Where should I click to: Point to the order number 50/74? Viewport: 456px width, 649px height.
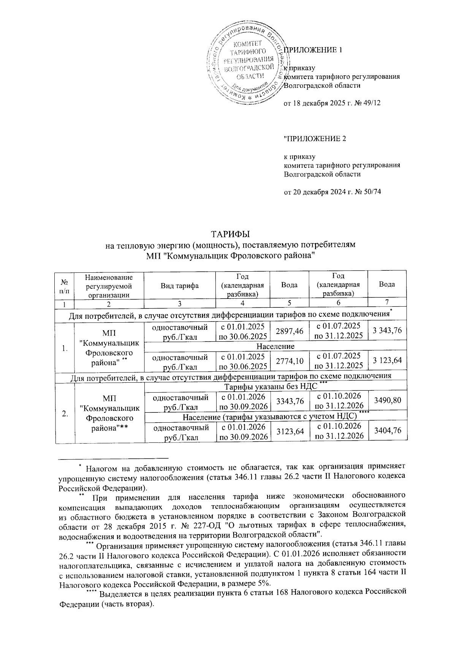[x=372, y=192]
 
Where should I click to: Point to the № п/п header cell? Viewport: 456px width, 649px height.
[x=64, y=285]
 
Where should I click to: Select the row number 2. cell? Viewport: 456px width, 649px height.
[x=65, y=414]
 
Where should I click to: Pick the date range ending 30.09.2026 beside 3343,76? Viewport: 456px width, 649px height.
[x=242, y=402]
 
